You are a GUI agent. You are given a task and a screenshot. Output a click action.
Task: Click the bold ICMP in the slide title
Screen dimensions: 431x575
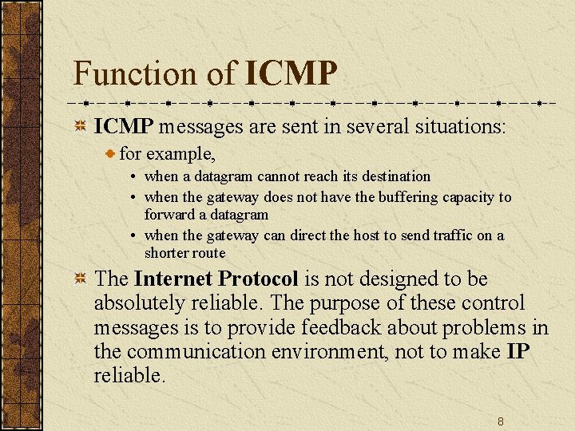click(291, 73)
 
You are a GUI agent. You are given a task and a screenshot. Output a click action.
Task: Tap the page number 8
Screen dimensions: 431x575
click(500, 421)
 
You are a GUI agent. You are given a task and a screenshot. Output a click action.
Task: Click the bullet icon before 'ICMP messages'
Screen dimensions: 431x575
click(81, 127)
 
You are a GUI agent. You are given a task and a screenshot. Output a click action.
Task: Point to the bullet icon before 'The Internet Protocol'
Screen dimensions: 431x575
click(81, 279)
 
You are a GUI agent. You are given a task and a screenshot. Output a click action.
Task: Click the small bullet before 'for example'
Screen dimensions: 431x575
click(111, 152)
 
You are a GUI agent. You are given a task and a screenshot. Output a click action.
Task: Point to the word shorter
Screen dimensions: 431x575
click(165, 253)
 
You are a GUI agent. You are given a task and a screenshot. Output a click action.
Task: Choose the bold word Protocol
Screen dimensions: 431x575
click(258, 279)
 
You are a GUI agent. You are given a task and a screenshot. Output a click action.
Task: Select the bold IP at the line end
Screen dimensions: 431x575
click(517, 351)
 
